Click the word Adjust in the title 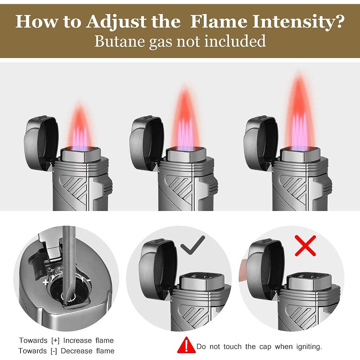coord(117,22)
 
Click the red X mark coord(305,246)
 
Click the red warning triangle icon coord(186,345)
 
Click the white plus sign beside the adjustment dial coord(46,282)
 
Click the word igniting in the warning coord(309,347)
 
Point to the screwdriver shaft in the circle coord(69,264)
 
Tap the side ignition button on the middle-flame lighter coord(213,187)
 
